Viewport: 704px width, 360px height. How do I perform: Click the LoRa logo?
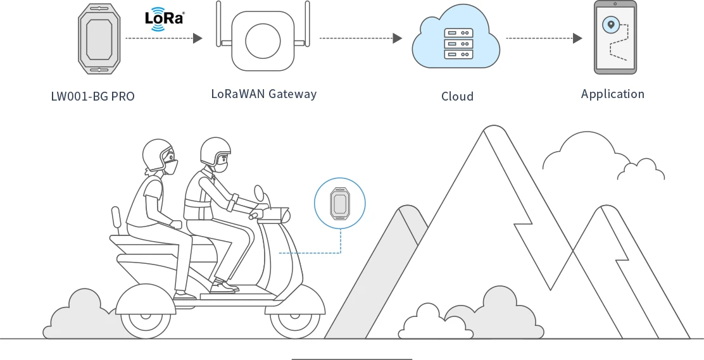tap(165, 19)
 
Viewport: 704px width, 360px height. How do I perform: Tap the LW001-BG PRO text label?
tap(93, 97)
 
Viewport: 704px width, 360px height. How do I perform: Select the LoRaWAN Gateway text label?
tap(263, 94)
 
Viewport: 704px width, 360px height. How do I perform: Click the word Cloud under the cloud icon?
tap(457, 97)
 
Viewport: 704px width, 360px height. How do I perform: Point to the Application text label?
tap(612, 94)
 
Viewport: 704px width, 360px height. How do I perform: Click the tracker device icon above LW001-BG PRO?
tap(98, 38)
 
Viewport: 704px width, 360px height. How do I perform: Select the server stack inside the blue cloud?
tap(458, 43)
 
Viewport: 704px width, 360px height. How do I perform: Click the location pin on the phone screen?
tap(610, 25)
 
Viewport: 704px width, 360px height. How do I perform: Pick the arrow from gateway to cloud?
tap(360, 39)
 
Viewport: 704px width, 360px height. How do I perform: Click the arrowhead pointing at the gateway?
tap(198, 39)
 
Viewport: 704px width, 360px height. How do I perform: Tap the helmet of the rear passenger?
tap(156, 153)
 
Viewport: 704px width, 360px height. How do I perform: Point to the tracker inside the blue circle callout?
tap(339, 203)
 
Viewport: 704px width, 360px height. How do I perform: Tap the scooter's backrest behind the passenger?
tap(116, 219)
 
